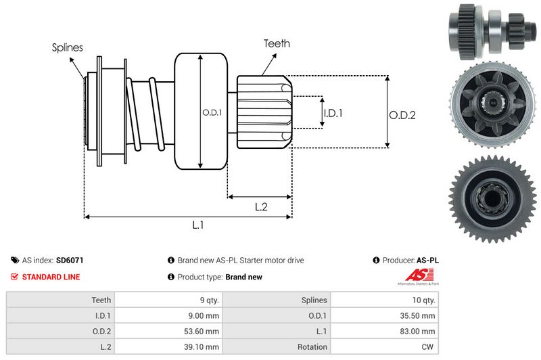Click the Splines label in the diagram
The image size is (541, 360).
[67, 47]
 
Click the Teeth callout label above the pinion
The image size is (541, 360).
[277, 43]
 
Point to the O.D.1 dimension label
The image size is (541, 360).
[211, 112]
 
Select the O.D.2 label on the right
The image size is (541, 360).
[402, 115]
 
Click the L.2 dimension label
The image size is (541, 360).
[262, 207]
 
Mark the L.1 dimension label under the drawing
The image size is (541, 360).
[198, 226]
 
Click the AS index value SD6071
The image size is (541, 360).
[70, 260]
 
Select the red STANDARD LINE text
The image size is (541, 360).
[51, 277]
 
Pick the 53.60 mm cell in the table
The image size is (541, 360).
[203, 331]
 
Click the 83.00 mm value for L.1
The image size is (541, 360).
[419, 331]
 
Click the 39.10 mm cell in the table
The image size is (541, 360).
[203, 346]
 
